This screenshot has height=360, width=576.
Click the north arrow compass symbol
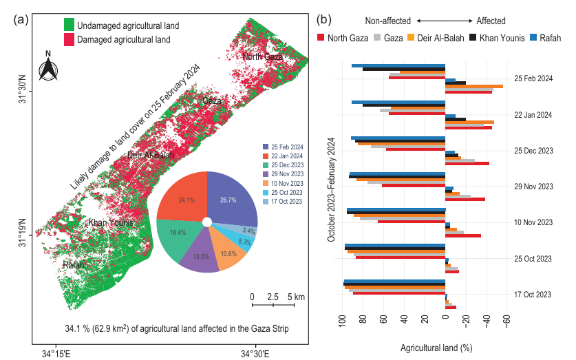click(47, 67)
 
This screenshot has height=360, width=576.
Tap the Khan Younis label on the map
click(110, 223)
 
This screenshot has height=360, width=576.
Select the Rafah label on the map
click(75, 265)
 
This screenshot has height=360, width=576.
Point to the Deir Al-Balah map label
click(150, 156)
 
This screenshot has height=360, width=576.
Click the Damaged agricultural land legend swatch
click(69, 41)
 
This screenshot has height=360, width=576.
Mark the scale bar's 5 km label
click(296, 297)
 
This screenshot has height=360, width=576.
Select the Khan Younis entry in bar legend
click(504, 38)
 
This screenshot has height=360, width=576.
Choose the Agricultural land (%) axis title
click(436, 348)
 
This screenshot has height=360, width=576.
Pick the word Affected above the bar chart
click(491, 21)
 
